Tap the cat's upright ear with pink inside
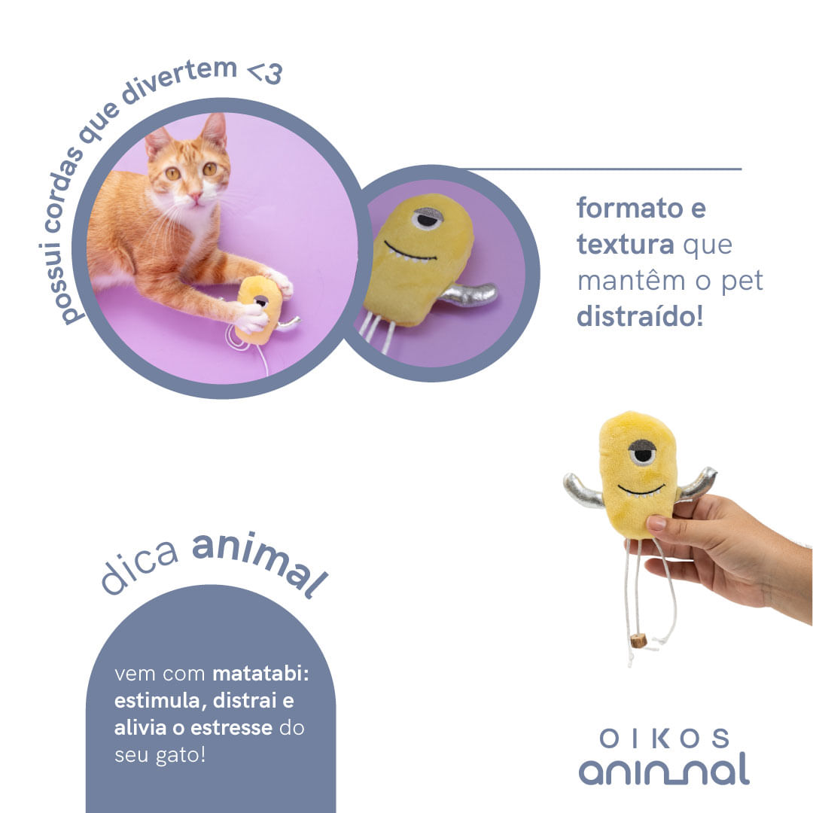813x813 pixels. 214,132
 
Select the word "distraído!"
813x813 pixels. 640,317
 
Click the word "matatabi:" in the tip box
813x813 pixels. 261,673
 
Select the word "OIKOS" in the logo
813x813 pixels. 665,738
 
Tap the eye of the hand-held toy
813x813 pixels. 642,452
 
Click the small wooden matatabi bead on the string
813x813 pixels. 639,641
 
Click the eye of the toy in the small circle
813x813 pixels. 428,218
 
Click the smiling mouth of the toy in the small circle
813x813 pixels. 411,253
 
